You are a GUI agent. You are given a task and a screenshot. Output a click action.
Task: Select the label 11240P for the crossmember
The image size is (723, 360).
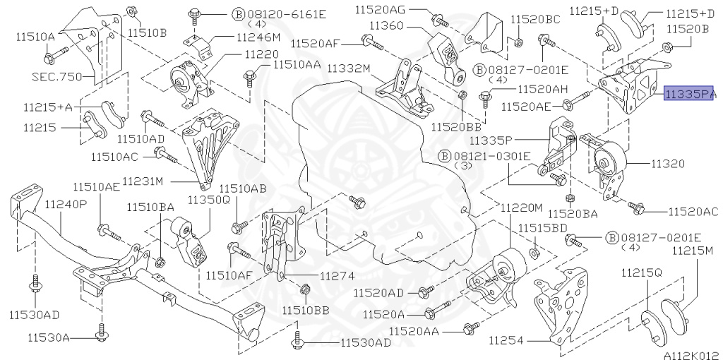66,205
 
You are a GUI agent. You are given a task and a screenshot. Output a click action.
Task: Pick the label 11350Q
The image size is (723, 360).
208,200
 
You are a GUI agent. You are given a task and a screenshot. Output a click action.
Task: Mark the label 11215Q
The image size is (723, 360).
642,272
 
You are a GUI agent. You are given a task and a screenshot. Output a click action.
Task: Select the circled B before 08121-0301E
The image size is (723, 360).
443,155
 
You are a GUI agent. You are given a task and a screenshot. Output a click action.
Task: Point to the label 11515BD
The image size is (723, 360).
543,228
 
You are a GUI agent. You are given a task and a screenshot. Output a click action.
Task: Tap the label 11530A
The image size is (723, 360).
49,338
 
